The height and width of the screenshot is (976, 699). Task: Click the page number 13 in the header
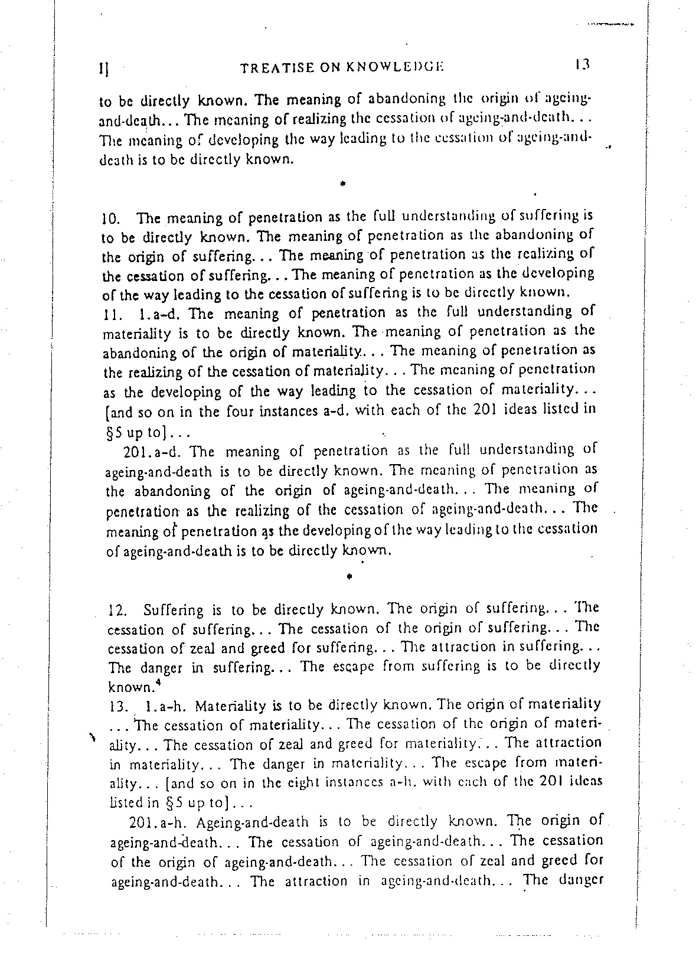coord(581,64)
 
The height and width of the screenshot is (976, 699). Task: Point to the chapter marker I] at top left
coord(103,69)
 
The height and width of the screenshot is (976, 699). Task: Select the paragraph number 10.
coord(111,219)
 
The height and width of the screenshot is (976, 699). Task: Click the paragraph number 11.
coord(111,314)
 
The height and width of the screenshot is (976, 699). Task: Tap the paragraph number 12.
coord(119,611)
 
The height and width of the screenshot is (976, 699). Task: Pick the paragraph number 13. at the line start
coord(119,706)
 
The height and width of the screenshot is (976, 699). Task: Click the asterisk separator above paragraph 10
coord(342,185)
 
